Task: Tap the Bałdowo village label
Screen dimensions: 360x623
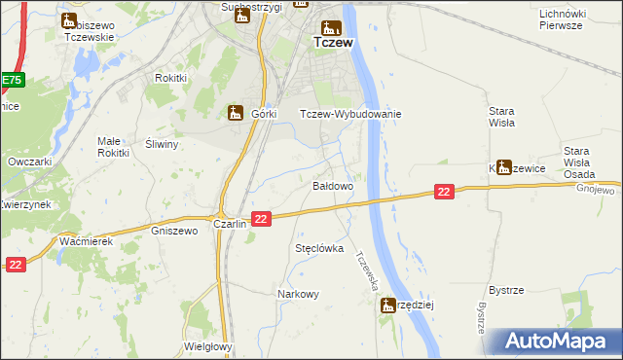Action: pos(332,184)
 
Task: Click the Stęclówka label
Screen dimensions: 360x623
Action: pos(320,249)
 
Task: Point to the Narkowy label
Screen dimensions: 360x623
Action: pos(298,294)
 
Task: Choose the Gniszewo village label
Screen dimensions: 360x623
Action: pos(175,232)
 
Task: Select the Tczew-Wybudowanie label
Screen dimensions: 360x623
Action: pos(350,114)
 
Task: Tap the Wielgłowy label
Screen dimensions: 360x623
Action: pos(206,346)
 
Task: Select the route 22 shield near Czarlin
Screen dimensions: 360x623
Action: pos(260,220)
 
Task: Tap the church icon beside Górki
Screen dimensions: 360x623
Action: pos(235,113)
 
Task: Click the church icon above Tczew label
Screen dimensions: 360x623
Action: pos(332,26)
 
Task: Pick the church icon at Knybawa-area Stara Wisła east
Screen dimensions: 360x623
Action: pos(503,166)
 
